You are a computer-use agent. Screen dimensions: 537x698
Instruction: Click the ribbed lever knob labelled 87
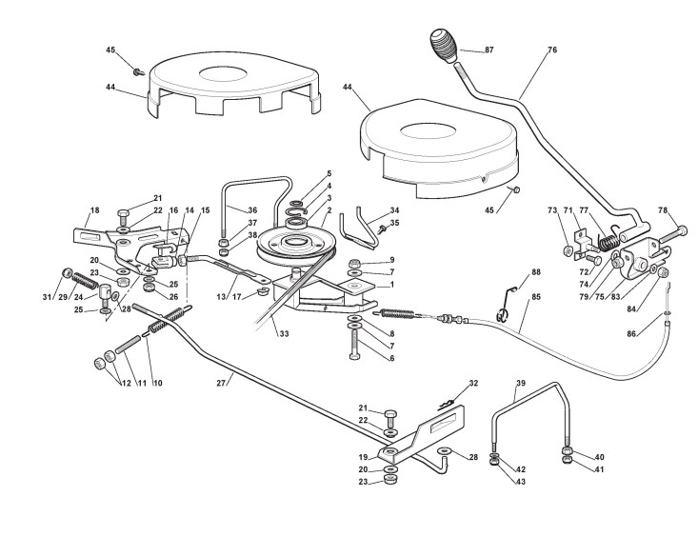(439, 43)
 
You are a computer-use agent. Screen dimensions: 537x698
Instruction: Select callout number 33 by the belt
(284, 333)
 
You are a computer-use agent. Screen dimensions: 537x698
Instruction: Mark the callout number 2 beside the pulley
(329, 209)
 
